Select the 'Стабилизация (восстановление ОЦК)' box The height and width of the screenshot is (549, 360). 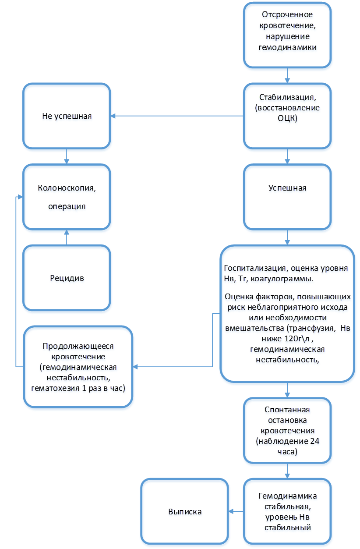pos(287,116)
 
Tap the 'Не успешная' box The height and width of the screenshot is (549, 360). pos(67,117)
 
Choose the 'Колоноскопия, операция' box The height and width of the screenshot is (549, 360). pos(67,198)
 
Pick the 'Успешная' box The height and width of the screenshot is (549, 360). pos(287,198)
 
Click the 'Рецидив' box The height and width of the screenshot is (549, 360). pos(67,279)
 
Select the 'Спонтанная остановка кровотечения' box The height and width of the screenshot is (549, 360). pos(287,432)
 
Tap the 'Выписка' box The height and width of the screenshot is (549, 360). pos(185,512)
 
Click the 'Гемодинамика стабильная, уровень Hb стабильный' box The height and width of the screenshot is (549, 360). pos(287,512)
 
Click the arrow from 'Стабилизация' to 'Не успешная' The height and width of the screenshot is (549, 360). pos(177,116)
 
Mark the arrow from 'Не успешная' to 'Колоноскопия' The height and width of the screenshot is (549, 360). pos(67,158)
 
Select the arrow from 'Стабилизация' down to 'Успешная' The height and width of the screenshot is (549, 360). pos(287,158)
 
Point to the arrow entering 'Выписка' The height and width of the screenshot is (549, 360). pos(236,511)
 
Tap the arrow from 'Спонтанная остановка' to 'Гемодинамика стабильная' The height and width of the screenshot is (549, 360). pos(287,472)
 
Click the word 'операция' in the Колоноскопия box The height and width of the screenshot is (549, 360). pos(67,207)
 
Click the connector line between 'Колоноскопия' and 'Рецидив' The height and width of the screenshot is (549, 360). pos(67,239)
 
